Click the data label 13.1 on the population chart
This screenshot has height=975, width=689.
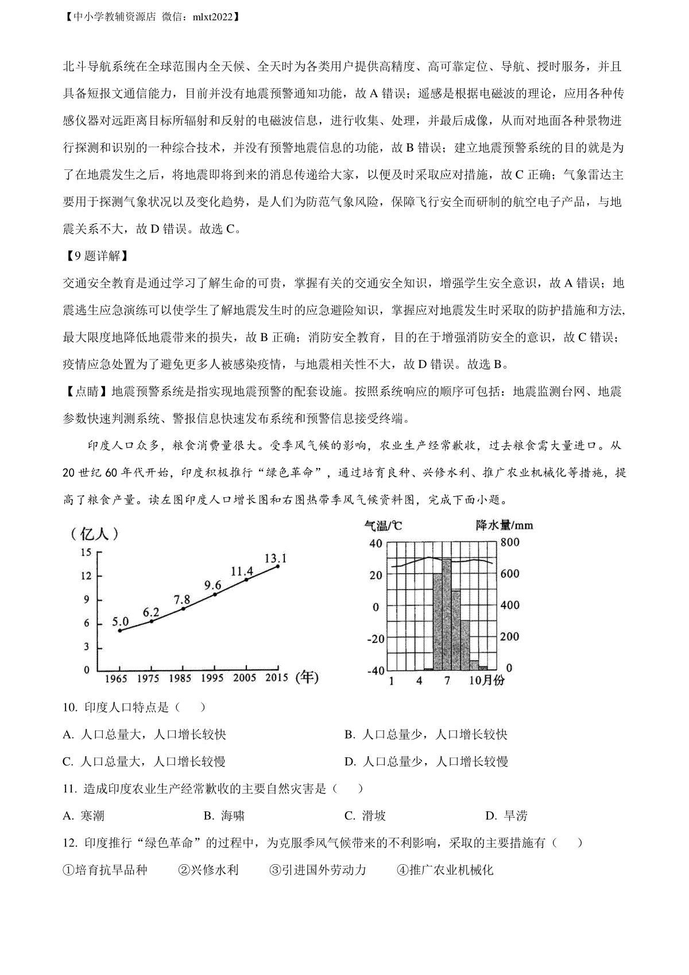[x=276, y=558]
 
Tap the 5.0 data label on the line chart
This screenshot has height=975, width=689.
[x=121, y=621]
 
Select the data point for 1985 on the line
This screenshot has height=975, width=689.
[x=183, y=608]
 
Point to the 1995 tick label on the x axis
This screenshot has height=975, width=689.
[x=212, y=678]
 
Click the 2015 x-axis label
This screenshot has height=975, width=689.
[x=276, y=678]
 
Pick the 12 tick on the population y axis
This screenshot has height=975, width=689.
[x=86, y=576]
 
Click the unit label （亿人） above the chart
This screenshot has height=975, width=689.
[x=95, y=534]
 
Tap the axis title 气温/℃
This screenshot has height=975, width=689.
[x=383, y=525]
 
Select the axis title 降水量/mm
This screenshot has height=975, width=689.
[x=504, y=525]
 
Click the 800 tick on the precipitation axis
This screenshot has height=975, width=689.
[x=510, y=543]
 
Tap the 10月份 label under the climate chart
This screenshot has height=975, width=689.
[x=486, y=680]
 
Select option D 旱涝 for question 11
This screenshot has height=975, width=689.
[x=506, y=816]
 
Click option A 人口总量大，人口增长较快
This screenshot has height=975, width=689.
[x=145, y=734]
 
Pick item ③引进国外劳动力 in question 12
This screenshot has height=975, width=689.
[x=318, y=870]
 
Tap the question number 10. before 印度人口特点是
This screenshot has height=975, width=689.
[x=70, y=707]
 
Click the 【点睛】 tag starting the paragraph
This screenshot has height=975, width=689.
[x=86, y=392]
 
